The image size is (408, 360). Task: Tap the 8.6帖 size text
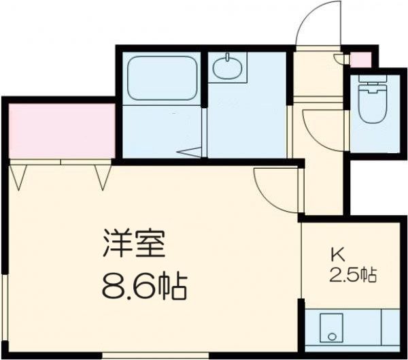click(143, 286)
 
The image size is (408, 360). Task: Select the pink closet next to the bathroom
click(61, 129)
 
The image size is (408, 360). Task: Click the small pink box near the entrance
click(361, 59)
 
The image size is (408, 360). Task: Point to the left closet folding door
click(20, 175)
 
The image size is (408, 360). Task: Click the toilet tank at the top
click(371, 87)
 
